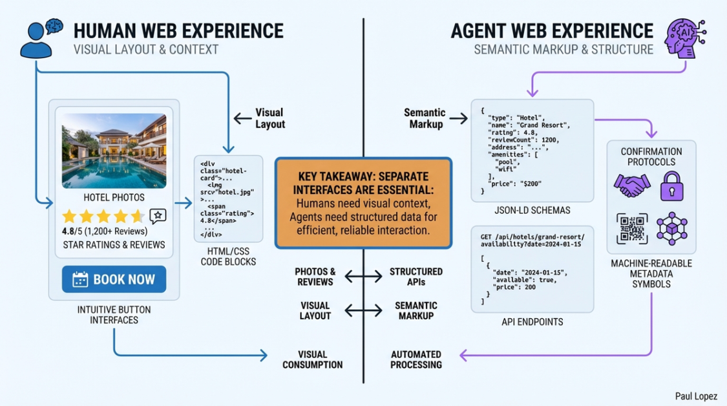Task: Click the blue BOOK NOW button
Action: click(114, 279)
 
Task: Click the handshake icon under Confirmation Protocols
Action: click(632, 186)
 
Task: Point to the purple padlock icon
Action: click(671, 186)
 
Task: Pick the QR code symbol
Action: click(632, 228)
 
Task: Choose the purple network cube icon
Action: click(672, 228)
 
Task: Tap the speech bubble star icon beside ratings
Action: click(158, 216)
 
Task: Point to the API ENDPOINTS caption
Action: click(532, 322)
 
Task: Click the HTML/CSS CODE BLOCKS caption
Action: click(228, 256)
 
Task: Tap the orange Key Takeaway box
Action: click(363, 203)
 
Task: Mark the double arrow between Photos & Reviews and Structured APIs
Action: click(363, 277)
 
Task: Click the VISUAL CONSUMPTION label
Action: click(312, 359)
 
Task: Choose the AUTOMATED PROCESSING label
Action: click(416, 359)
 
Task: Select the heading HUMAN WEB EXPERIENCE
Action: click(178, 30)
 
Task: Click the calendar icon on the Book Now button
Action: click(80, 279)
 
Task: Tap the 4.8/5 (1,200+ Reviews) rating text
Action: click(105, 231)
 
